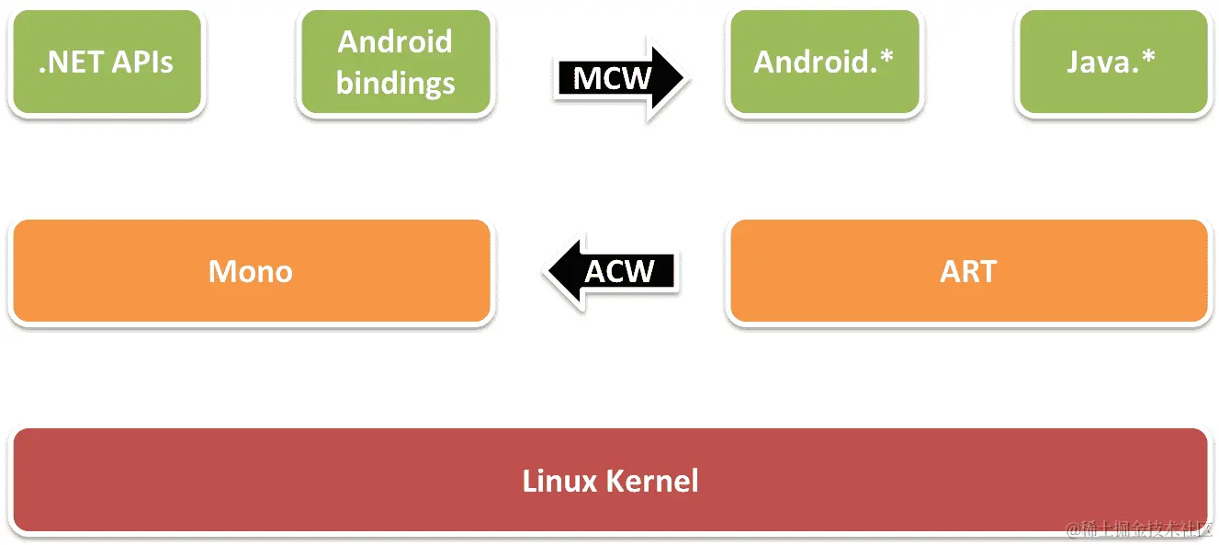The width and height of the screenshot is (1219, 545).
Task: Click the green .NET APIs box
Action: [x=106, y=62]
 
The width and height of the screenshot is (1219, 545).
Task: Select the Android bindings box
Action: [x=395, y=62]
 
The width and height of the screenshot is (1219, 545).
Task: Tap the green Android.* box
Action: [x=823, y=62]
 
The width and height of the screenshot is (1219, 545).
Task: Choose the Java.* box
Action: [x=1112, y=62]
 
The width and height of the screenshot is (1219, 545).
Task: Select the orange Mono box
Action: [x=250, y=271]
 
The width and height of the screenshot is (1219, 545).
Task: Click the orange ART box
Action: [x=967, y=271]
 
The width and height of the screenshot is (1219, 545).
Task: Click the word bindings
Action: [x=395, y=83]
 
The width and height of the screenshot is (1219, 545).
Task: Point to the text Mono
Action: [x=250, y=271]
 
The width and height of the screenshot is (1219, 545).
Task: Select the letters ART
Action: [x=967, y=271]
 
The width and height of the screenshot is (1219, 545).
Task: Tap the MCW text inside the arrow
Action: [x=612, y=78]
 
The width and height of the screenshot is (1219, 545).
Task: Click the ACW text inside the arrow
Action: [x=619, y=271]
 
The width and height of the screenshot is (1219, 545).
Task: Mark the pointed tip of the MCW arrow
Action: [x=683, y=78]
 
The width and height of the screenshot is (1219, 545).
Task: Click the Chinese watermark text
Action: [x=1138, y=529]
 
